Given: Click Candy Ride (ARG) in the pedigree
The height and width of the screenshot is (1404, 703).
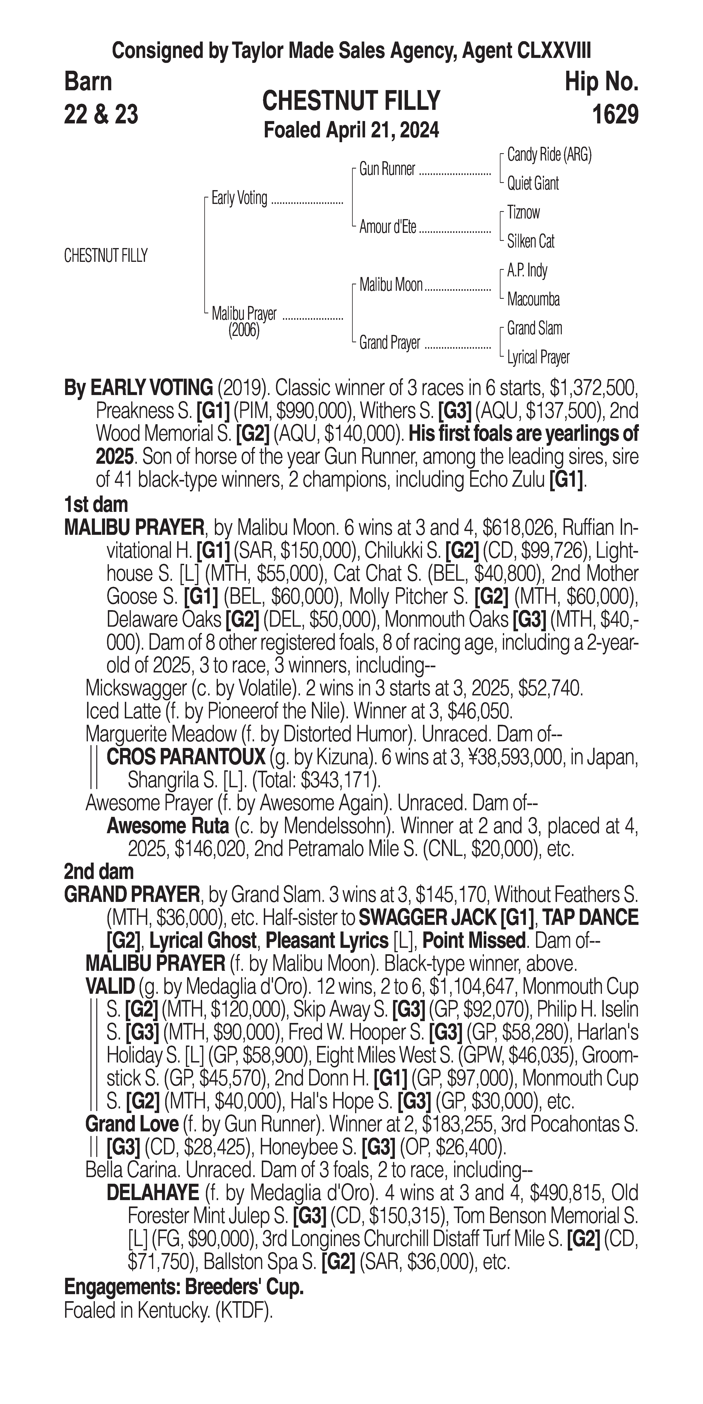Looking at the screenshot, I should click(x=549, y=155).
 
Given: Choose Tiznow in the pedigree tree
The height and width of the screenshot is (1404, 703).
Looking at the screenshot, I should click(x=523, y=212).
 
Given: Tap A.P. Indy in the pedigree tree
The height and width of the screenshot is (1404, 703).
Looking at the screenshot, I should click(x=527, y=270).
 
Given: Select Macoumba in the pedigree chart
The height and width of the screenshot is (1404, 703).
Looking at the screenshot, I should click(x=533, y=299).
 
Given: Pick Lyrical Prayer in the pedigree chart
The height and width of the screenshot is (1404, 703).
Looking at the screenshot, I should click(x=538, y=357).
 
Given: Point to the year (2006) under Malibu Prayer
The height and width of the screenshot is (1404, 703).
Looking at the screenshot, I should click(x=244, y=331).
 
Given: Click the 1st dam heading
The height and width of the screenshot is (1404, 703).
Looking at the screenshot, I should click(x=96, y=505).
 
